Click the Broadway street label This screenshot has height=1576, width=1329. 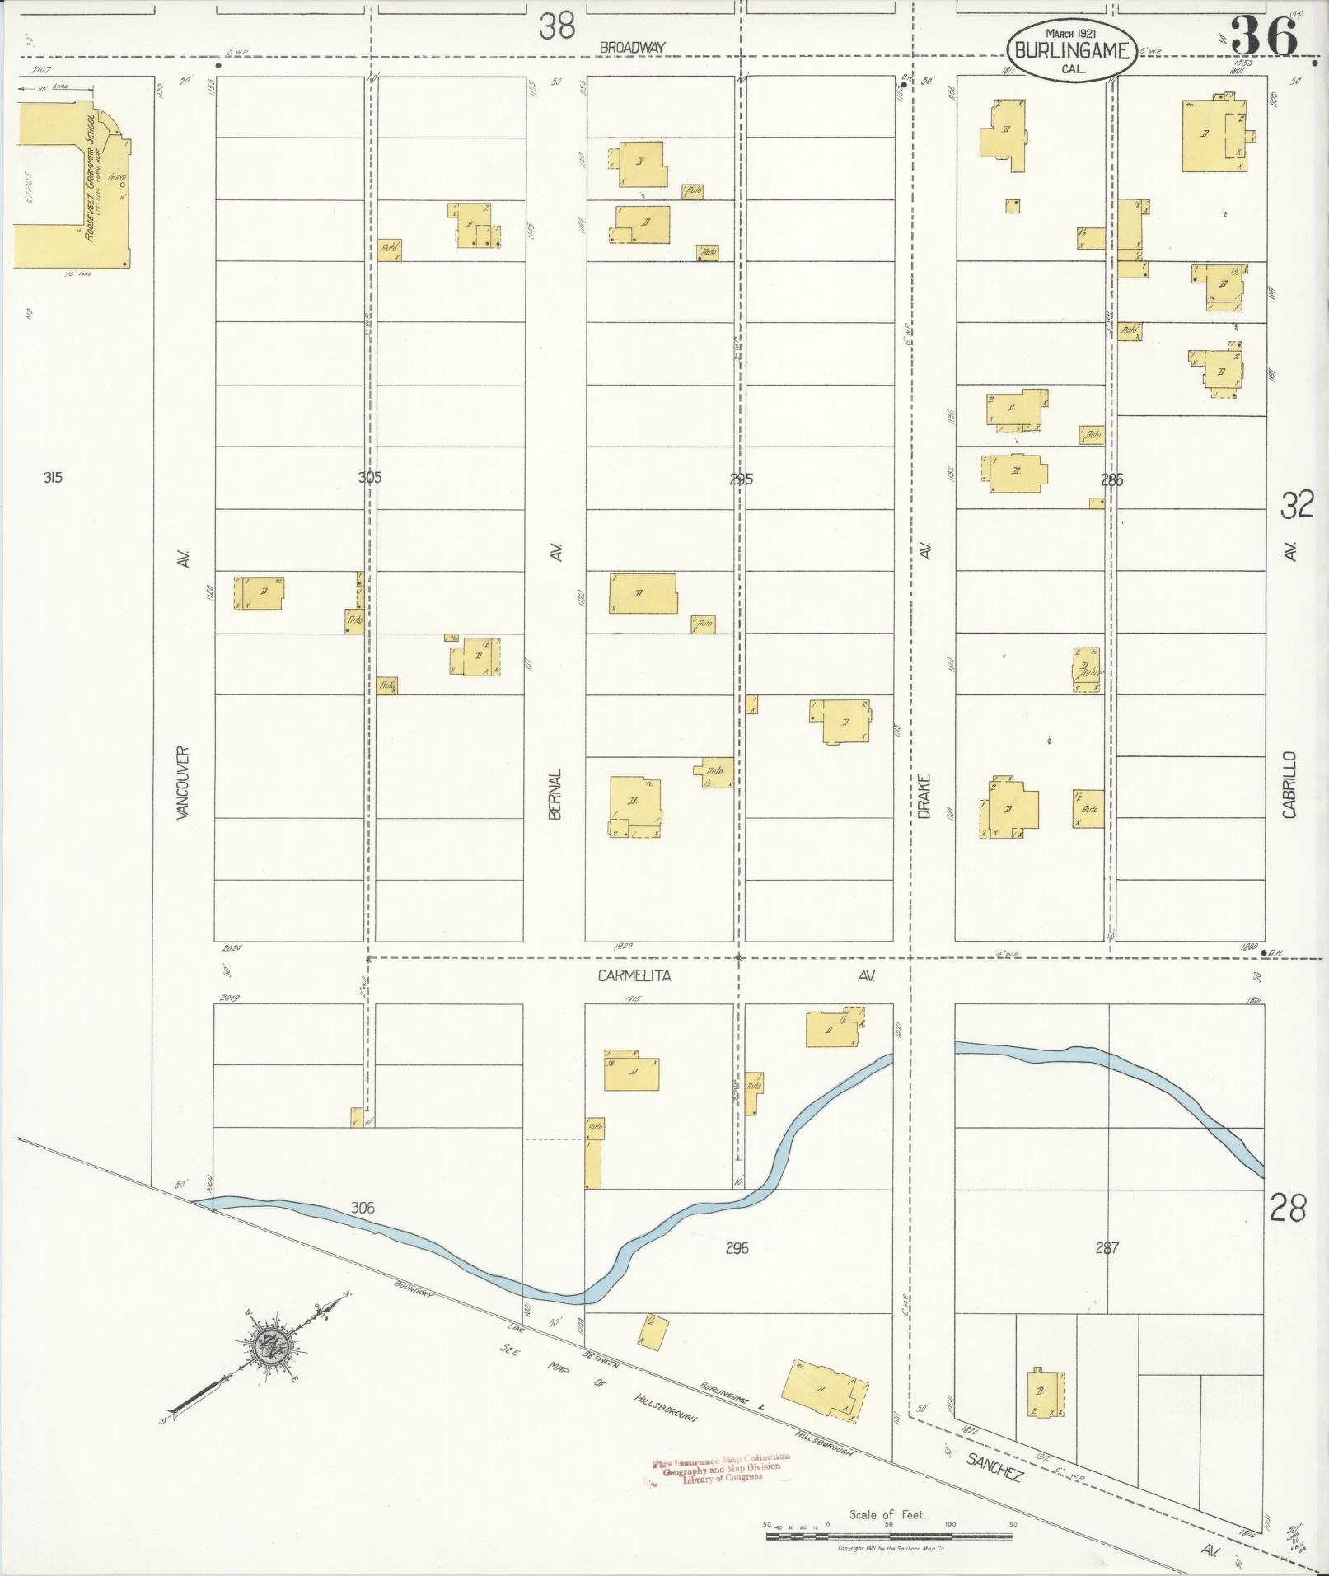click(x=632, y=48)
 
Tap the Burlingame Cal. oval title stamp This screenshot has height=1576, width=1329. click(x=1072, y=50)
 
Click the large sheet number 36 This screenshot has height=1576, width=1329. click(x=1264, y=37)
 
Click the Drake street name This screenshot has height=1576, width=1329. click(x=924, y=794)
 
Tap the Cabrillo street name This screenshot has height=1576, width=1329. click(x=1289, y=784)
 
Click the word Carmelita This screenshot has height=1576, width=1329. click(x=634, y=975)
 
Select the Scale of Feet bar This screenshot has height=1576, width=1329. click(x=890, y=1536)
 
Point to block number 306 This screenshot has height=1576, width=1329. click(x=363, y=1208)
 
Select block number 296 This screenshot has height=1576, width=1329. click(x=737, y=1248)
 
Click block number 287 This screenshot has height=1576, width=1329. click(x=1107, y=1248)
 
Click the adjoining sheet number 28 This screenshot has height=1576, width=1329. click(x=1288, y=1209)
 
